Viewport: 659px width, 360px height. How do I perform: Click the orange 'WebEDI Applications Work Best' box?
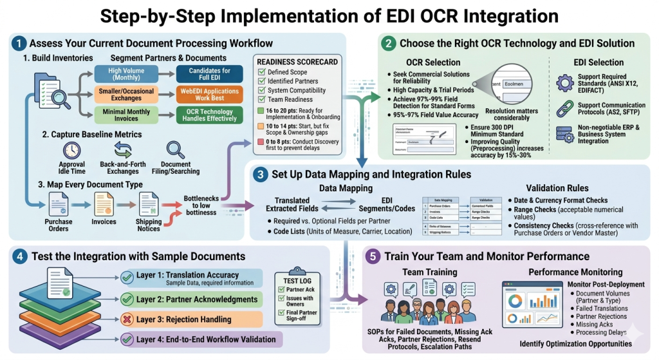click(210, 95)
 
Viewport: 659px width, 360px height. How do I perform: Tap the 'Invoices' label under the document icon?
click(103, 222)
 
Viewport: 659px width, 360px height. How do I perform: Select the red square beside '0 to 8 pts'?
click(261, 140)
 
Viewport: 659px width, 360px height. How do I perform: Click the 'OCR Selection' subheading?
click(433, 62)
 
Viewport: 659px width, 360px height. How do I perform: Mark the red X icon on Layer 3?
click(127, 319)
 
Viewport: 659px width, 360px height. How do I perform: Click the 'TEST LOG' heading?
click(299, 280)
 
